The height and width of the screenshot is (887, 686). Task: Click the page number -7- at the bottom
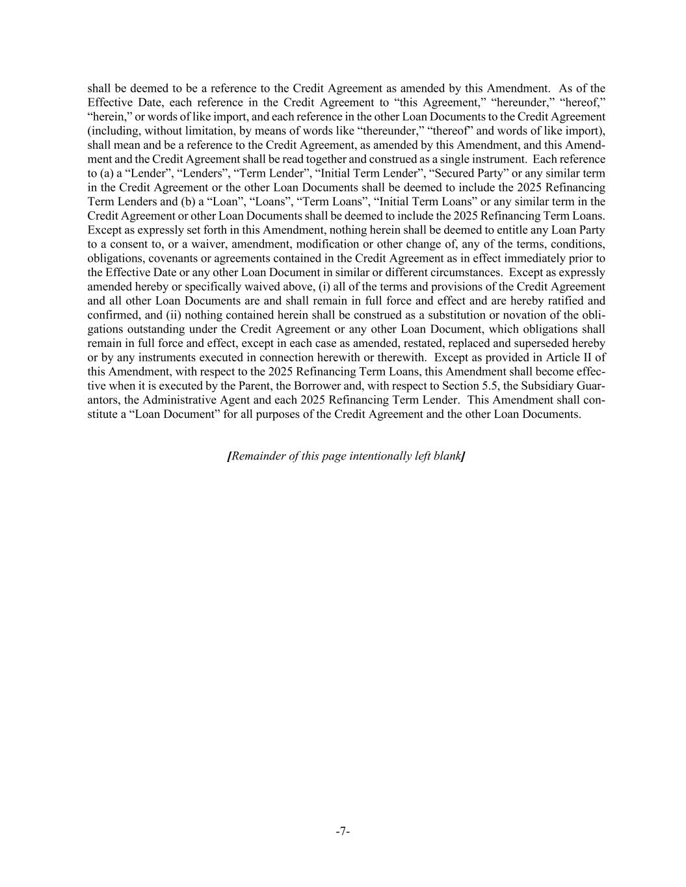pyautogui.click(x=343, y=831)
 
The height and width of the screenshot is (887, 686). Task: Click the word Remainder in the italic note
pyautogui.click(x=258, y=456)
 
